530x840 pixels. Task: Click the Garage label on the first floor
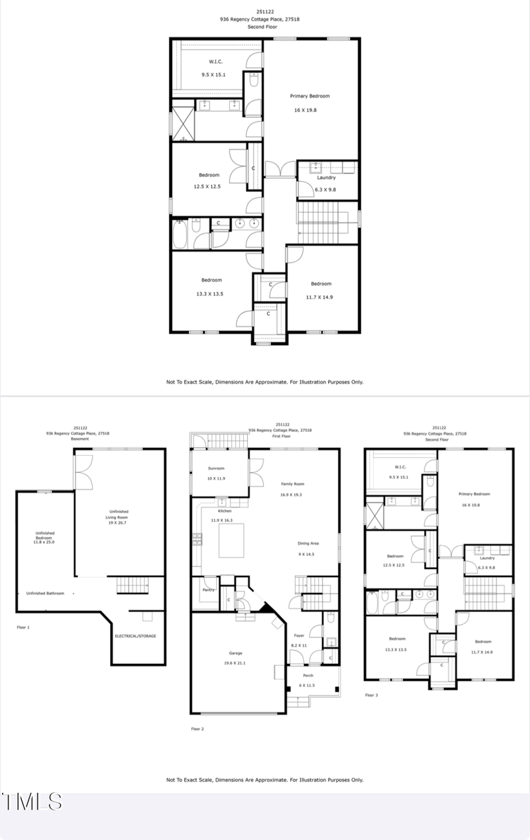237,654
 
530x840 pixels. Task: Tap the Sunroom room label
217,468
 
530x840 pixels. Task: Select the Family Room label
292,484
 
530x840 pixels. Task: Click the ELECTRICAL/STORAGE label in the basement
136,636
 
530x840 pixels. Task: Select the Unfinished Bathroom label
46,593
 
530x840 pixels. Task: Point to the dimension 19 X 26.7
119,523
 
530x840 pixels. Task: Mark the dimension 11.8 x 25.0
45,543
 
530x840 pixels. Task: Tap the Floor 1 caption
23,627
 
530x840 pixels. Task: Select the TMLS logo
32,802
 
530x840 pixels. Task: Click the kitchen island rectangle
237,538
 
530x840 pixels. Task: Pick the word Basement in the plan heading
79,439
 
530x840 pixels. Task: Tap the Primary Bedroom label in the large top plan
309,96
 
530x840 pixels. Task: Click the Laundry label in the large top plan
326,178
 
